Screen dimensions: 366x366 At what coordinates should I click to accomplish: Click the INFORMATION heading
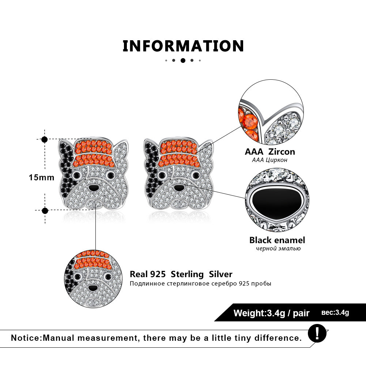183,46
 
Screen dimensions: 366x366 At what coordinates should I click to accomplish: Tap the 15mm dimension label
42,177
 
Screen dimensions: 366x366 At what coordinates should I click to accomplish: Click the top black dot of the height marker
44,140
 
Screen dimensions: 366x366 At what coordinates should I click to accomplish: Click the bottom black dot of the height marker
45,211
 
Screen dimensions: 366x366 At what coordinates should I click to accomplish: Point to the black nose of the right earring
179,188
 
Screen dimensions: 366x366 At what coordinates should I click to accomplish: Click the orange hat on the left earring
94,153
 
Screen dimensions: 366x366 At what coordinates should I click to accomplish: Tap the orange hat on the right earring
179,153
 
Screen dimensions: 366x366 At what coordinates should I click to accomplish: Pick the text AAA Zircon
270,152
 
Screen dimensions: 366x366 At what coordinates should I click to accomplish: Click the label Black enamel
277,240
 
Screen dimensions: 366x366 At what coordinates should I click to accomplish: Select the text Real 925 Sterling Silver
181,274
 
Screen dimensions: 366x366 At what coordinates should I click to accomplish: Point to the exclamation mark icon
317,333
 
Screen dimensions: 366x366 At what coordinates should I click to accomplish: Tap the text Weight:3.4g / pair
271,313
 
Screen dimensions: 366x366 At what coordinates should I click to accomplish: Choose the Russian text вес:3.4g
335,313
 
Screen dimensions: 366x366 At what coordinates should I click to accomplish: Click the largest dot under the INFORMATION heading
183,60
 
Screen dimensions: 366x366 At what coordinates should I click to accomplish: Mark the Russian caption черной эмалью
278,248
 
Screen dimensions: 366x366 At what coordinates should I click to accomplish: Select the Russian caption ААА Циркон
269,160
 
